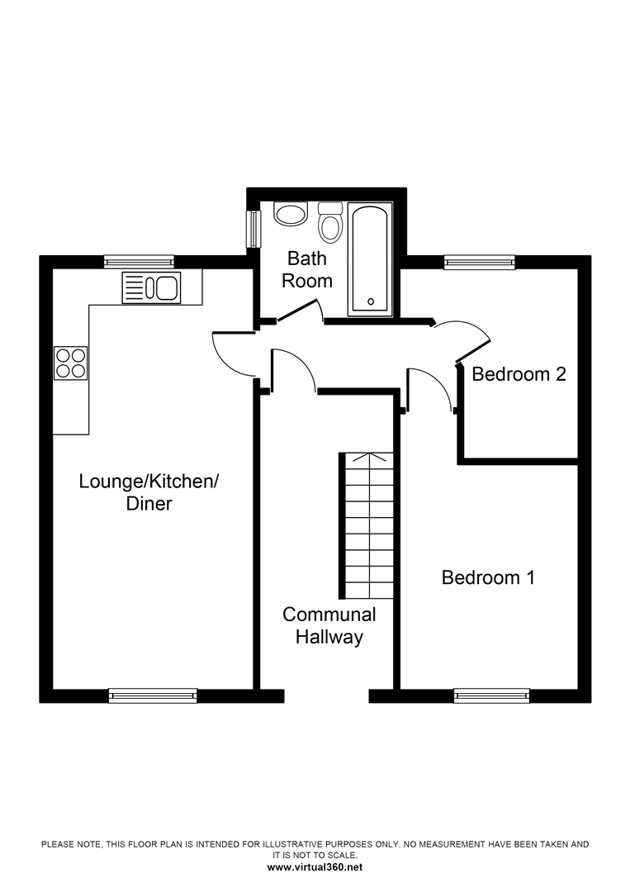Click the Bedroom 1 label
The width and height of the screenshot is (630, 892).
click(488, 577)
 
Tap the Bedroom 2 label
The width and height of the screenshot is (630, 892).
click(519, 374)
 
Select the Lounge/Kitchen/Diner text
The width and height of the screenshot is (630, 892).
click(149, 491)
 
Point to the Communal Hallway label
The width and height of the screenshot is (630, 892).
click(329, 626)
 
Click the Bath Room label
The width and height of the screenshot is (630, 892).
click(307, 270)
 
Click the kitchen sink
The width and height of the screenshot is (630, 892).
click(151, 287)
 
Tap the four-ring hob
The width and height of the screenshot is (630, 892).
click(70, 362)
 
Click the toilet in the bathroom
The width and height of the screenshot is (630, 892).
click(330, 223)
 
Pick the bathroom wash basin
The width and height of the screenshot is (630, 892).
click(291, 215)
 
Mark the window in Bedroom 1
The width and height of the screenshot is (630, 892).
click(491, 695)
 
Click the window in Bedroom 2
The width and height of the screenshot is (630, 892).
click(480, 263)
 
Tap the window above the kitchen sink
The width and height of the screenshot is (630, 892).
click(139, 262)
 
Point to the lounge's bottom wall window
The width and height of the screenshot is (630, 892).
click(154, 695)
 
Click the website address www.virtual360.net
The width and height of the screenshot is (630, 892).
click(315, 867)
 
